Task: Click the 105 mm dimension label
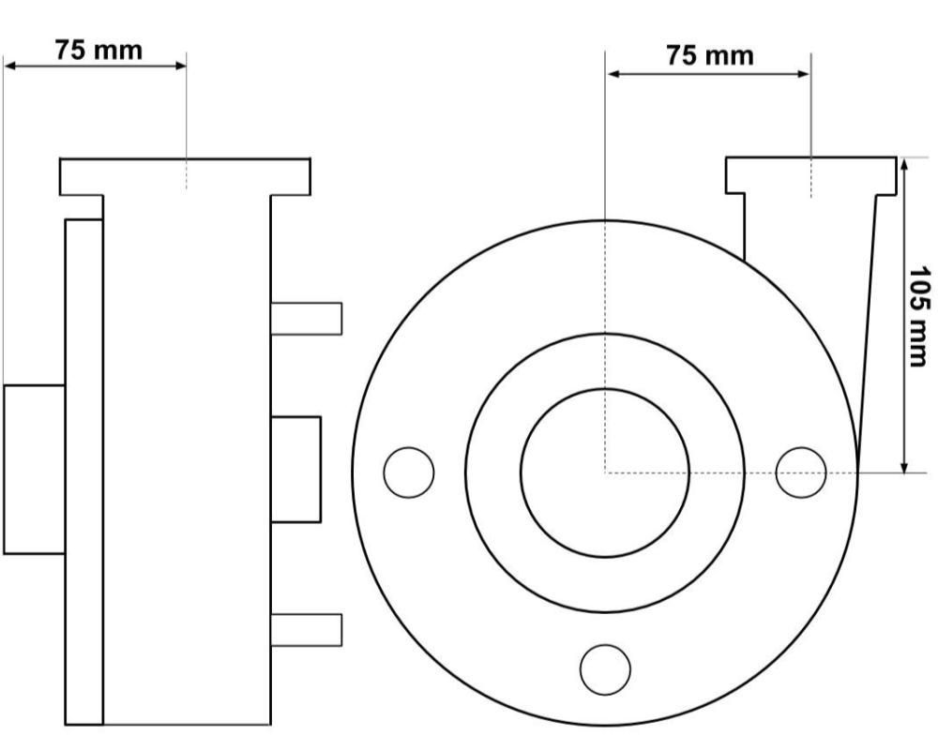[919, 316]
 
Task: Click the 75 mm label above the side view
[98, 50]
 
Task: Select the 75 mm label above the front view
[710, 55]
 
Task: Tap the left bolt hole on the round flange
[409, 472]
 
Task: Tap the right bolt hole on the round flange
[801, 472]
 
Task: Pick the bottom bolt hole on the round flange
[605, 669]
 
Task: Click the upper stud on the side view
[307, 318]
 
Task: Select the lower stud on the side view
[307, 630]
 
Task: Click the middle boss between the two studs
[295, 470]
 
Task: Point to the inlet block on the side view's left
[34, 470]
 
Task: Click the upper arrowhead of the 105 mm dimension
[904, 164]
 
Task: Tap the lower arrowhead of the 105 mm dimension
[904, 466]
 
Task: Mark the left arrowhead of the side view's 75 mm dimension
[10, 66]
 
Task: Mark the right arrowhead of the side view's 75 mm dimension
[179, 66]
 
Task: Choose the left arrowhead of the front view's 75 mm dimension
[613, 73]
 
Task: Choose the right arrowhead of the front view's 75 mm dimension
[803, 73]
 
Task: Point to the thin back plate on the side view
[83, 472]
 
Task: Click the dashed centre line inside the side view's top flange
[186, 174]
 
